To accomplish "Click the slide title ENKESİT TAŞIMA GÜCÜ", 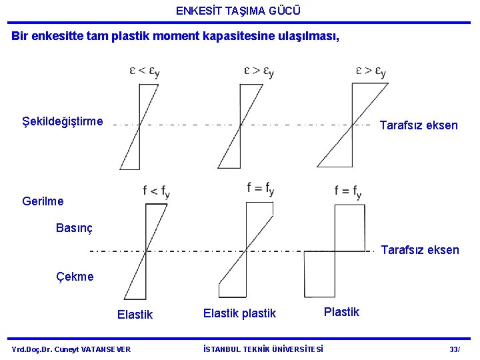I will (239, 11).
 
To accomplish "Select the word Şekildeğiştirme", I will (63, 121).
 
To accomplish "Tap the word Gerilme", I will (43, 201).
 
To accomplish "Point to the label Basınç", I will (74, 228).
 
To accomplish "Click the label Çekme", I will (75, 276).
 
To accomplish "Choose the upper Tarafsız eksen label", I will (418, 125).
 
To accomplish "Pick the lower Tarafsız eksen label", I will (419, 250).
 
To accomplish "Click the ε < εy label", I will (144, 71).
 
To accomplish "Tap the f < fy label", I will (156, 191).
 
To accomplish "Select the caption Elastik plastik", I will (239, 313).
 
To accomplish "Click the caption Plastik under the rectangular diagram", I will (341, 311).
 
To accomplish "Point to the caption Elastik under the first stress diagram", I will (135, 315).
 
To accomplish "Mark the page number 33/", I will (455, 349).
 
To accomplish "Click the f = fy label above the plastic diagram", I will (348, 192).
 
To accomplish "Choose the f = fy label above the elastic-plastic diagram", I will (260, 189).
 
